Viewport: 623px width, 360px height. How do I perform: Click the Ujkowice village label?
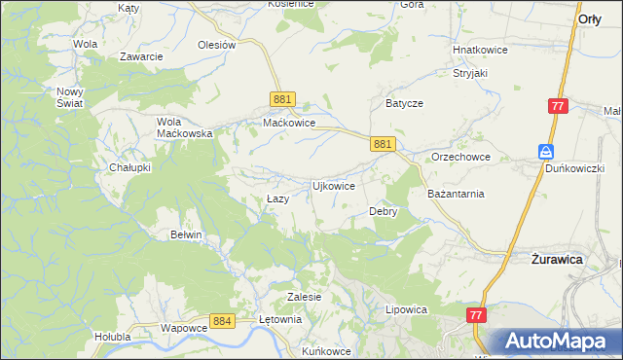(332, 185)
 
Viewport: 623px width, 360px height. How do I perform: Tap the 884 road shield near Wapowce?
(222, 320)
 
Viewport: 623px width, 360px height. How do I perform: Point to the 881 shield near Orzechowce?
(383, 143)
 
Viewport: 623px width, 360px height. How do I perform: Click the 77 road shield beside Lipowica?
(476, 315)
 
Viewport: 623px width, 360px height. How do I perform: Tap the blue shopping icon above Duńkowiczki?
(547, 151)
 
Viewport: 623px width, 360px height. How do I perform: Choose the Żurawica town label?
(557, 260)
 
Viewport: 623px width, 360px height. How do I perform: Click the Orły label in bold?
(589, 18)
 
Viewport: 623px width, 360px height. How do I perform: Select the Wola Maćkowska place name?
(185, 127)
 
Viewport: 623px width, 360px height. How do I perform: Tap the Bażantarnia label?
(456, 194)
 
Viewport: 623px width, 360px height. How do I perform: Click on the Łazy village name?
(277, 198)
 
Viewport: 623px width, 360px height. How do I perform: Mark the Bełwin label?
(186, 234)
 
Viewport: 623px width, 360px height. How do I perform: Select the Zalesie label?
(304, 296)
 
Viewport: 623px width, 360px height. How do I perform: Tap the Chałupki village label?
(129, 166)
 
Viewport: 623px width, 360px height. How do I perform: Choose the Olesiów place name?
(217, 45)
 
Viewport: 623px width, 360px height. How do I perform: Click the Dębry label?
(383, 210)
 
